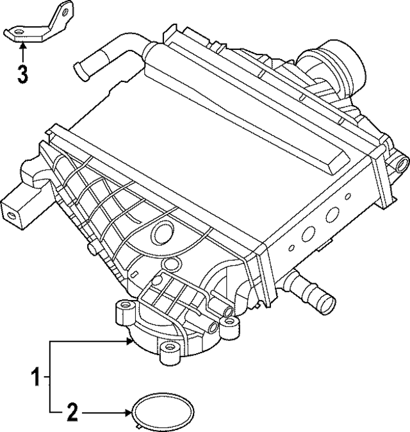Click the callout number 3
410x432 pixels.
[22, 74]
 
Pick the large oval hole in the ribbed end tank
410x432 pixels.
[163, 231]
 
